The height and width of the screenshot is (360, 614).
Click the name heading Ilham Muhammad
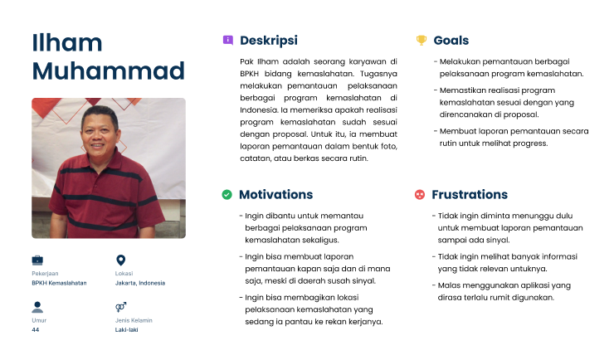tap(108, 56)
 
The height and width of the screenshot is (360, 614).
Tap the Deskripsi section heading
tap(268, 40)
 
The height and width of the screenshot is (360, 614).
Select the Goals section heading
tap(451, 40)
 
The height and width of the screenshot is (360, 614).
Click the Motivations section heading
tap(275, 195)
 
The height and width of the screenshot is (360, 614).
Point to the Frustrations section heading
tap(470, 195)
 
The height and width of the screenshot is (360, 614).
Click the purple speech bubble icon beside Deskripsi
tap(227, 40)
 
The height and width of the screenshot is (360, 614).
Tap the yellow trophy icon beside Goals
tap(421, 40)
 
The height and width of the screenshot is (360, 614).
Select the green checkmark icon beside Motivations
tap(227, 195)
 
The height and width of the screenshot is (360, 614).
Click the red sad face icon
tap(420, 195)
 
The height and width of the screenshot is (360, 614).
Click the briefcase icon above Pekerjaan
tap(37, 260)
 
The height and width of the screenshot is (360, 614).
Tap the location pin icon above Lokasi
tap(120, 260)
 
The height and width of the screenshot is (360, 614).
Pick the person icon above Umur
tap(37, 307)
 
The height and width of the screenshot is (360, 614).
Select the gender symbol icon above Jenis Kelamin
tap(120, 307)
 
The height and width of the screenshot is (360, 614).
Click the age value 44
tap(36, 330)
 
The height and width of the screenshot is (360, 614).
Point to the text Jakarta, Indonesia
tap(140, 283)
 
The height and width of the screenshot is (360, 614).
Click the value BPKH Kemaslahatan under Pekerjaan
tap(59, 283)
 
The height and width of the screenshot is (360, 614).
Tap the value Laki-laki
tap(126, 330)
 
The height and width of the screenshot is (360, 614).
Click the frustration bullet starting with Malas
tap(503, 291)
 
